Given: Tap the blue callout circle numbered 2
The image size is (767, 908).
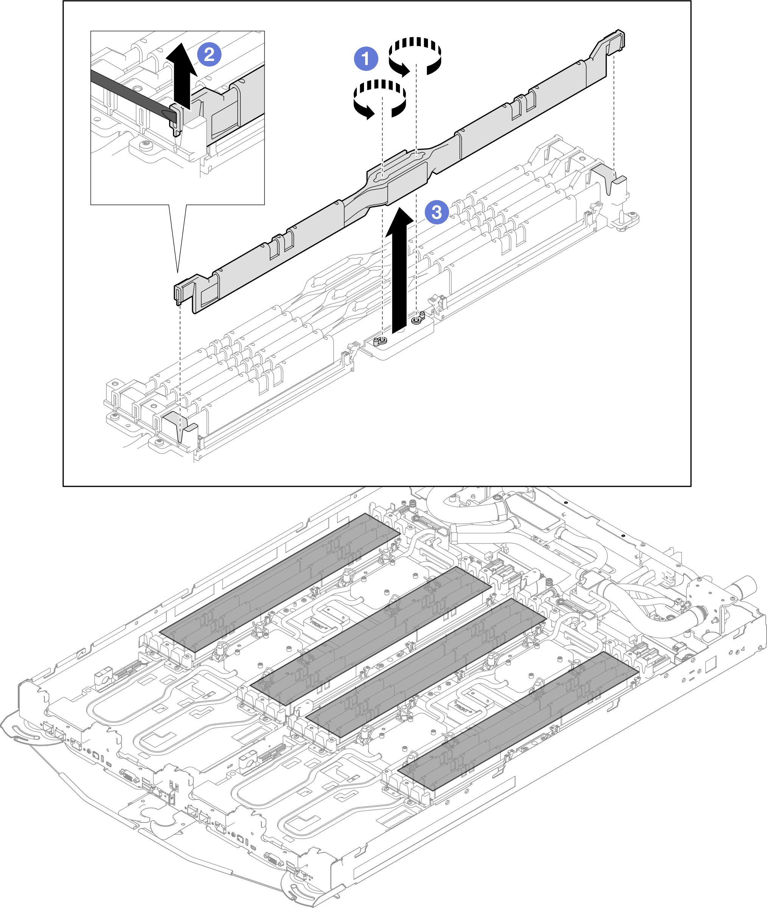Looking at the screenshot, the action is point(209,55).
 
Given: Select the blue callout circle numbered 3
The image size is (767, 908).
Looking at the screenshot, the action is point(437,212).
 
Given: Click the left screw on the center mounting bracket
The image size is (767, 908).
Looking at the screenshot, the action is point(381,340).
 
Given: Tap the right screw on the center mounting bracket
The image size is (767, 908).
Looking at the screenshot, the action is point(417,319).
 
